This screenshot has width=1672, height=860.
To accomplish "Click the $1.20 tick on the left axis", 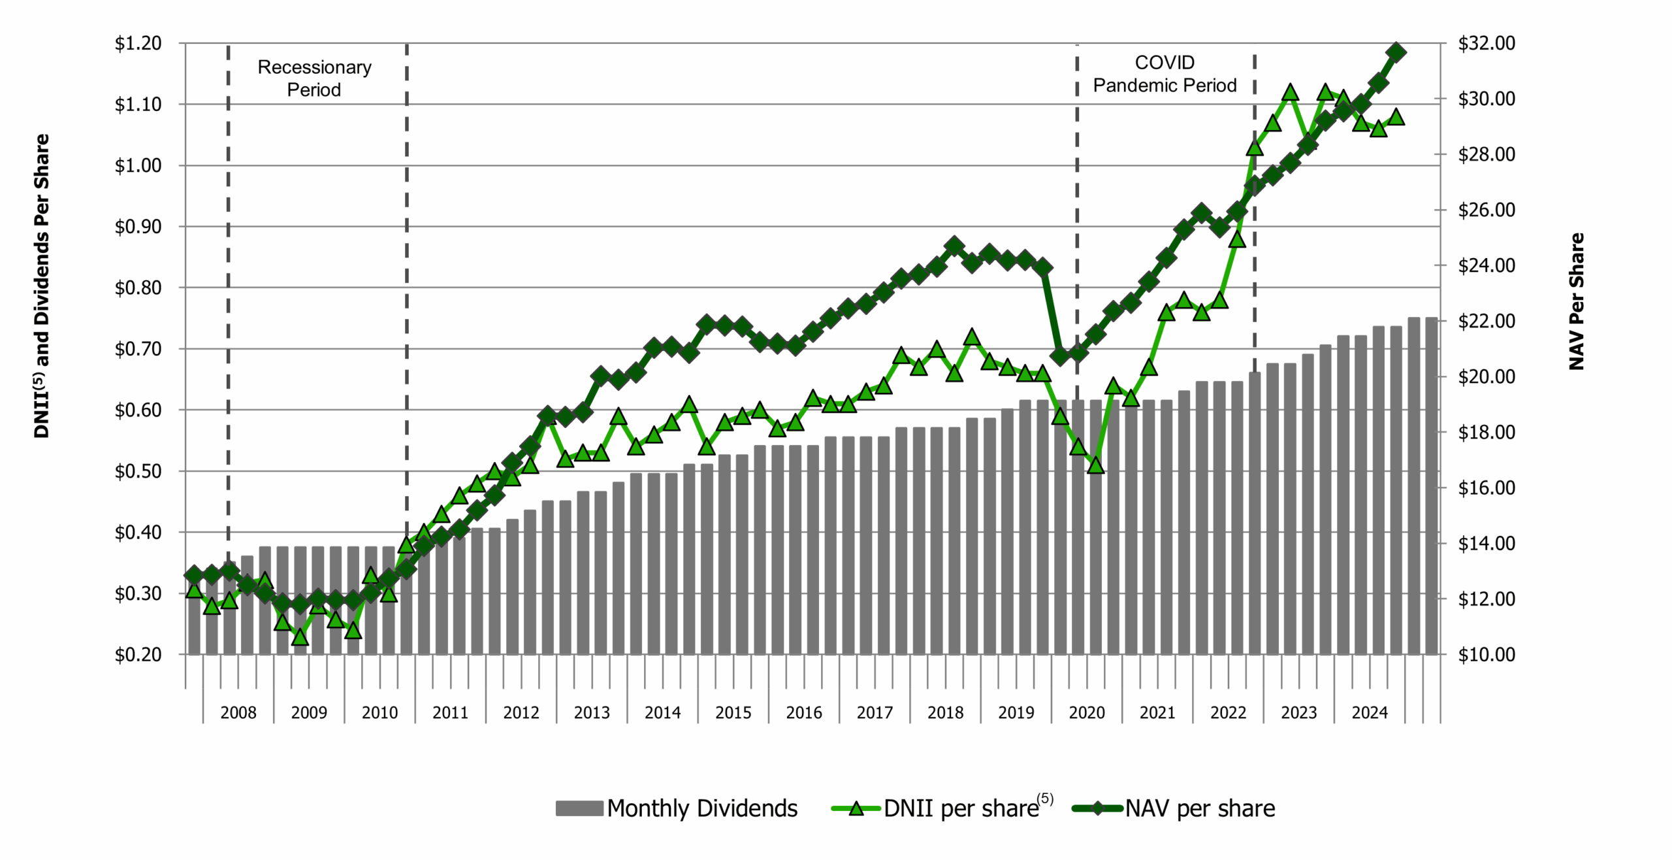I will click(x=138, y=43).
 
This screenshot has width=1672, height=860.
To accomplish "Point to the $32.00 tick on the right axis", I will click(x=1487, y=43).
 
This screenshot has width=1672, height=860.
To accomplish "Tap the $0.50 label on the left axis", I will click(x=138, y=471).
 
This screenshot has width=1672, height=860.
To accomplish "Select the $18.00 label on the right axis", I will click(x=1487, y=432).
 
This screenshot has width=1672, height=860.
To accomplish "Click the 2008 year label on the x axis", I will click(x=238, y=712).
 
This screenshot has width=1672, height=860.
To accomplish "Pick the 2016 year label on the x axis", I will click(x=803, y=712).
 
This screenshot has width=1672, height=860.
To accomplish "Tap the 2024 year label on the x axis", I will click(x=1370, y=712).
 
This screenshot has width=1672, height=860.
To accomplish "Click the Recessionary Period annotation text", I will click(x=314, y=78).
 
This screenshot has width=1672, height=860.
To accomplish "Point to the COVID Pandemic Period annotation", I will click(x=1165, y=73).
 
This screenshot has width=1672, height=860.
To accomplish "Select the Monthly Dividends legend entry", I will click(x=677, y=808).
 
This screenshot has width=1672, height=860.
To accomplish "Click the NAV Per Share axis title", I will click(x=1577, y=301).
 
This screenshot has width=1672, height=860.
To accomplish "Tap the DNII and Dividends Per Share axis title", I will click(x=42, y=286).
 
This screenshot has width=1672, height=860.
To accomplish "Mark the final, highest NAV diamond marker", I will click(x=1396, y=52).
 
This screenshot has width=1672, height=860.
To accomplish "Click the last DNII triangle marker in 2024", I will click(x=1396, y=118).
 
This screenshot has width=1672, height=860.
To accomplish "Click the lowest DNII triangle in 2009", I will click(x=300, y=637).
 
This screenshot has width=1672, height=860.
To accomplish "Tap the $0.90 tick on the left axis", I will click(x=138, y=227).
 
